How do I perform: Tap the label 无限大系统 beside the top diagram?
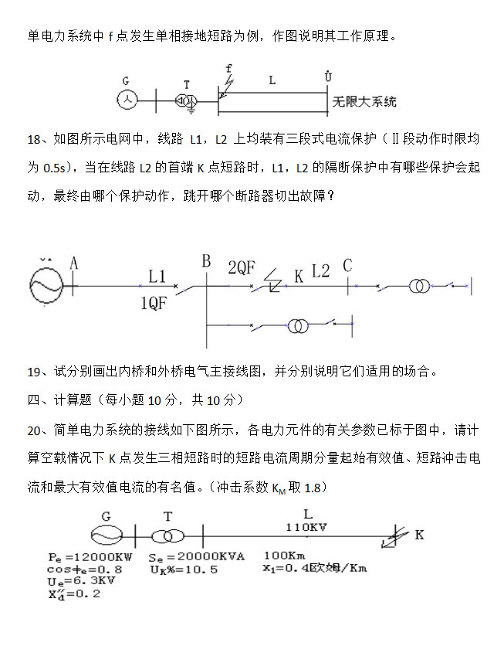click(364, 101)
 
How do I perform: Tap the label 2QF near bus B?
click(241, 268)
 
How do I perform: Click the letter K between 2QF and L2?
click(299, 274)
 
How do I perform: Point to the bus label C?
click(347, 266)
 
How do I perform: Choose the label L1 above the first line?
click(157, 275)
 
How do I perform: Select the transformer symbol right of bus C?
click(420, 287)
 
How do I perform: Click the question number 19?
click(34, 372)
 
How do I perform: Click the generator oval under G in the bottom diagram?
click(107, 535)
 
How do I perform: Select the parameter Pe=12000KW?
click(90, 556)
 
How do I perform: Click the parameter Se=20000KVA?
click(191, 556)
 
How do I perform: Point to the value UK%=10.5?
click(184, 569)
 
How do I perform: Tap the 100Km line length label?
click(286, 555)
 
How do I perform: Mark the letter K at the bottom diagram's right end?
click(419, 535)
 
